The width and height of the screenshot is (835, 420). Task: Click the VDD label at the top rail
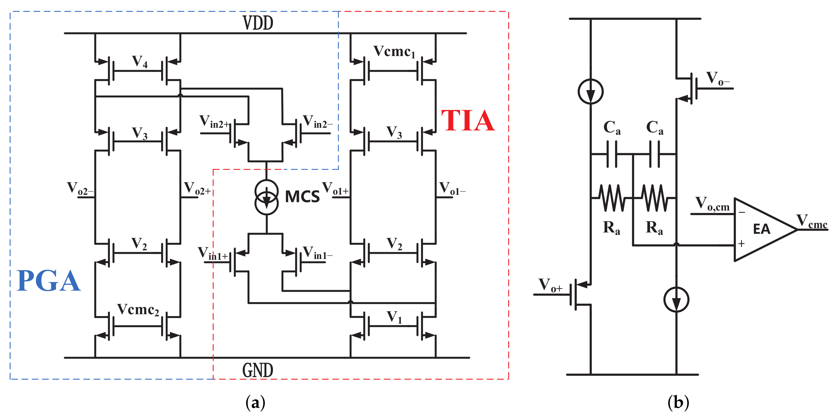point(258,23)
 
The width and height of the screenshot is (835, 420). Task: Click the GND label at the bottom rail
point(258,370)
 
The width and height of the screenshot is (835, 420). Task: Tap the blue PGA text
point(49,281)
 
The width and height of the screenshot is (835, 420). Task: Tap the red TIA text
point(468,120)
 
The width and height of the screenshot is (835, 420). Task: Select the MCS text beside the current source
point(302,197)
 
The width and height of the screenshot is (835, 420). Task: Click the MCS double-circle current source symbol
point(266,197)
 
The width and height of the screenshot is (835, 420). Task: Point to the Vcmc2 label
point(138,310)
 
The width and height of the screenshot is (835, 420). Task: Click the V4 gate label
point(140,62)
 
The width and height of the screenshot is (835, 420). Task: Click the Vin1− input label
point(318,253)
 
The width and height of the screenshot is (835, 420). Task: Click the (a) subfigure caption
point(255,402)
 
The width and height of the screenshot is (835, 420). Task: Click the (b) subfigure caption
point(678,402)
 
